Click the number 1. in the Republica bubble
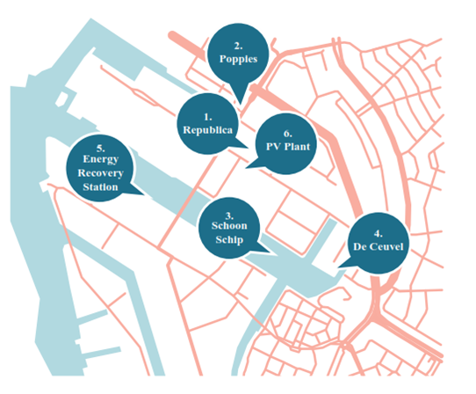click(208, 117)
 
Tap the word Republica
click(207, 130)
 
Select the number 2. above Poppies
click(238, 46)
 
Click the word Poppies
click(238, 59)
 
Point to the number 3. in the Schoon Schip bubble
click(229, 215)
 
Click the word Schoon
click(229, 225)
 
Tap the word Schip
click(229, 240)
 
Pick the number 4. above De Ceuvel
click(378, 233)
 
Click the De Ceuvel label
click(379, 246)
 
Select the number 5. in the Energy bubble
click(101, 149)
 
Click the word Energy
click(101, 159)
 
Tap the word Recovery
click(100, 173)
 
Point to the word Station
click(100, 187)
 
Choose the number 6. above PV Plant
click(288, 134)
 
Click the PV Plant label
click(288, 147)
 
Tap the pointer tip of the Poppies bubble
click(241, 105)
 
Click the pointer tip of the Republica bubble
click(249, 148)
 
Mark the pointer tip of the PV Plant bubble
click(246, 168)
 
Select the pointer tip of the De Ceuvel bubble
click(338, 267)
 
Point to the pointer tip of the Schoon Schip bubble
click(270, 252)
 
